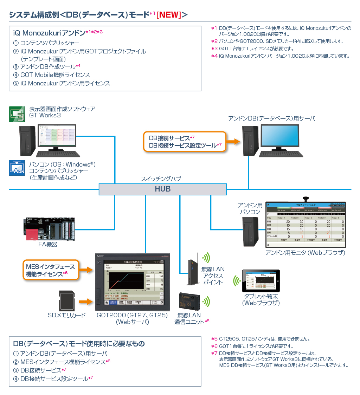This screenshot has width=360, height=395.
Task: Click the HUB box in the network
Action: [162, 189]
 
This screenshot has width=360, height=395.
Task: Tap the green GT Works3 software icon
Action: [17, 114]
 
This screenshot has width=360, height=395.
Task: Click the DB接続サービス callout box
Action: [185, 141]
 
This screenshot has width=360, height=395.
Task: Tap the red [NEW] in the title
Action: [168, 14]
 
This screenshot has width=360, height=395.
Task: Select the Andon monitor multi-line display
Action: [306, 225]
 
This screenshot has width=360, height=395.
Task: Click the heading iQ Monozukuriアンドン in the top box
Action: [49, 33]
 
